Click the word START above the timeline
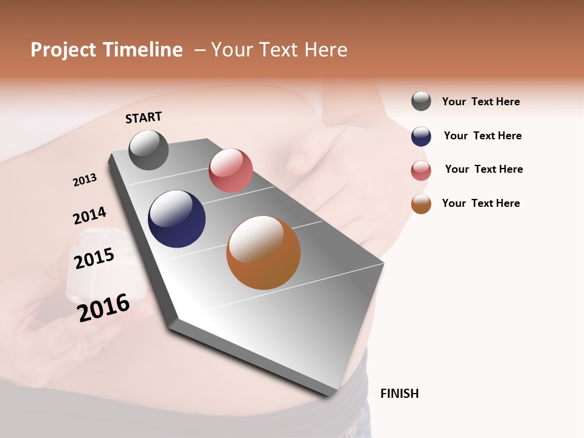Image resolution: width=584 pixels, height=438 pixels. [x=144, y=117]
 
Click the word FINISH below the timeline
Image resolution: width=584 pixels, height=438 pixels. [x=399, y=394]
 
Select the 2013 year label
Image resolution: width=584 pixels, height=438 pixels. [x=85, y=180]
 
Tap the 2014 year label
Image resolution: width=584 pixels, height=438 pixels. [x=89, y=216]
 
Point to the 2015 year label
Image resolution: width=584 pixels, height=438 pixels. [x=94, y=258]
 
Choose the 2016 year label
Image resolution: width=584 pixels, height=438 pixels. [x=103, y=307]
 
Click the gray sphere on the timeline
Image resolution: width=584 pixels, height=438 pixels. [x=148, y=150]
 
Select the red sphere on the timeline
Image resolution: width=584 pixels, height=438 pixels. [x=231, y=170]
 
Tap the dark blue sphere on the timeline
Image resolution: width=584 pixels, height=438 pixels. [x=176, y=219]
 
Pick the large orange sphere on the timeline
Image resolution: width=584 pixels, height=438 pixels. [x=263, y=252]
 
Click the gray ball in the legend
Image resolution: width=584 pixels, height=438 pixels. [x=421, y=101]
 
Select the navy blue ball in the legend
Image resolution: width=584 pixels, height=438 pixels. [x=421, y=136]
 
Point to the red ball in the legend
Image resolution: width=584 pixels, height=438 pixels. [x=421, y=170]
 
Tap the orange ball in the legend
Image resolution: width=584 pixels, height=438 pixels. [x=421, y=204]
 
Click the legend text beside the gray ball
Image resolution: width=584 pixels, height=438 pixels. [x=481, y=102]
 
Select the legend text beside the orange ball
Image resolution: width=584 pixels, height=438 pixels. [x=481, y=203]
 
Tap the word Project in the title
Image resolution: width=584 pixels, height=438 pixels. [x=63, y=50]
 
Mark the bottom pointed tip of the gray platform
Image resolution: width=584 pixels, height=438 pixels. [x=332, y=394]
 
